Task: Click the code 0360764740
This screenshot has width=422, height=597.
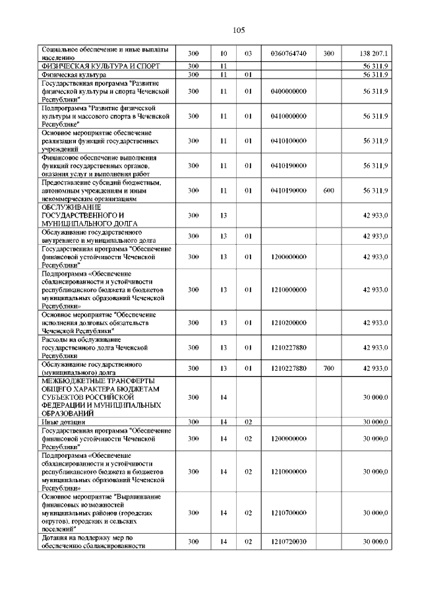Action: [x=288, y=53]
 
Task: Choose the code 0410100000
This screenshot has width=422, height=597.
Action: [x=288, y=141]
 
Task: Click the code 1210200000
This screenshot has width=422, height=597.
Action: [x=288, y=323]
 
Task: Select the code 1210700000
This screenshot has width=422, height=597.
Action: [x=288, y=513]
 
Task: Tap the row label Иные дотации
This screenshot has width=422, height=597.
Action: [x=59, y=422]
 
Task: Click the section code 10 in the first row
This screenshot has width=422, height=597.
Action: [x=224, y=53]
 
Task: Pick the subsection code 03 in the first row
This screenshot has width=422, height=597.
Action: [x=249, y=53]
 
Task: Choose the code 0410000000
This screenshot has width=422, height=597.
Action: [x=288, y=115]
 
